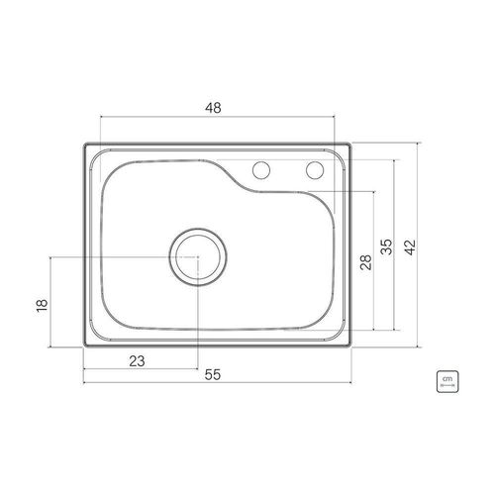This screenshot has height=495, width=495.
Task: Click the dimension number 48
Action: (x=213, y=108)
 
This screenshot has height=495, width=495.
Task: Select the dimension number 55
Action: (x=212, y=375)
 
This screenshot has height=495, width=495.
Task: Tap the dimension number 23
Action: (x=137, y=361)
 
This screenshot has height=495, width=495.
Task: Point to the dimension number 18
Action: (x=43, y=305)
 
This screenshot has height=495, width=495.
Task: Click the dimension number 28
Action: (x=366, y=262)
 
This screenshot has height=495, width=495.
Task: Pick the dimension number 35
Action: (x=386, y=247)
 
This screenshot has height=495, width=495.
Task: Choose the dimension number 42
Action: (x=410, y=247)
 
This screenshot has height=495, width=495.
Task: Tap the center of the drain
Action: (x=198, y=257)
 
